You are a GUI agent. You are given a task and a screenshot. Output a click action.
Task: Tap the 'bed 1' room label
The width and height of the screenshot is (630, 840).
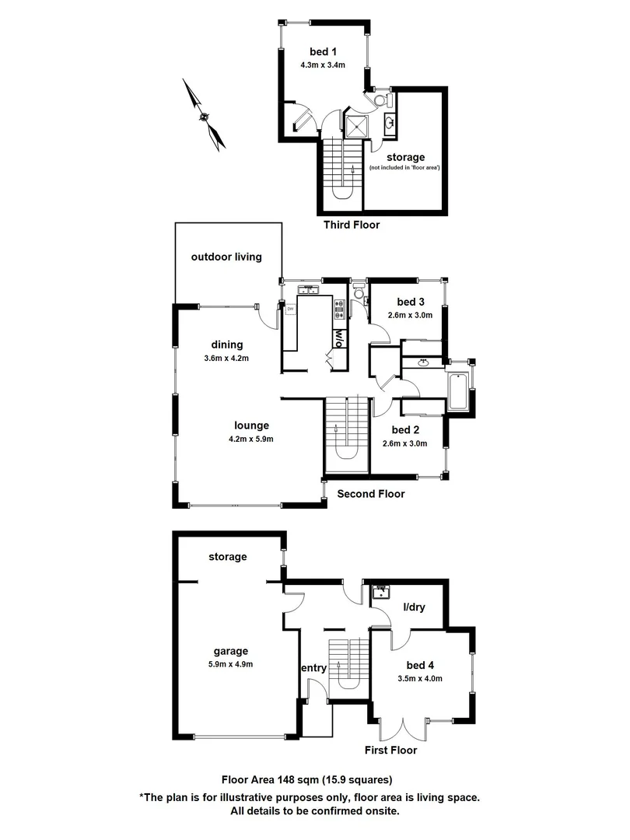pyautogui.click(x=320, y=52)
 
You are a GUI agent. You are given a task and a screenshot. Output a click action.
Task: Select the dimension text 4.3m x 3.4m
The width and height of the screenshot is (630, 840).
pyautogui.click(x=323, y=65)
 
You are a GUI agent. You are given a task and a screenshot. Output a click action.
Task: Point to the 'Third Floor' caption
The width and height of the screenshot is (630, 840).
pyautogui.click(x=351, y=225)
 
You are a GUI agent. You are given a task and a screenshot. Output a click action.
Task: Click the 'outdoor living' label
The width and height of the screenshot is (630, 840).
pyautogui.click(x=226, y=257)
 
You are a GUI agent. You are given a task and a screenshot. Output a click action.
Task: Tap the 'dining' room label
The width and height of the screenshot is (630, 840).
pyautogui.click(x=226, y=345)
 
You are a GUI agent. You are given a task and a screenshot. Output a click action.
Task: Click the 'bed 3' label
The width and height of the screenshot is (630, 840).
pyautogui.click(x=411, y=302)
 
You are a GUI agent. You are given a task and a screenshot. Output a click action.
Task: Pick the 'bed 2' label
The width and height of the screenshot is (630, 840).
pyautogui.click(x=405, y=430)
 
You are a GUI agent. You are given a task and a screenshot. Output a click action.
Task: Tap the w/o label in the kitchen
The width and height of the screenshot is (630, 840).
pyautogui.click(x=339, y=338)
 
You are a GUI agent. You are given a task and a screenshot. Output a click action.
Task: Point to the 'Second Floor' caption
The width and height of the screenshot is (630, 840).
pyautogui.click(x=370, y=494)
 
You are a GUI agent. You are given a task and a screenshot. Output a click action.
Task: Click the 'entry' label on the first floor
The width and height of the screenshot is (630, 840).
pyautogui.click(x=313, y=667)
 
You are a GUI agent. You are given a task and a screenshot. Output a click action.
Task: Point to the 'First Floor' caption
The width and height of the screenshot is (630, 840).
pyautogui.click(x=390, y=751)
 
